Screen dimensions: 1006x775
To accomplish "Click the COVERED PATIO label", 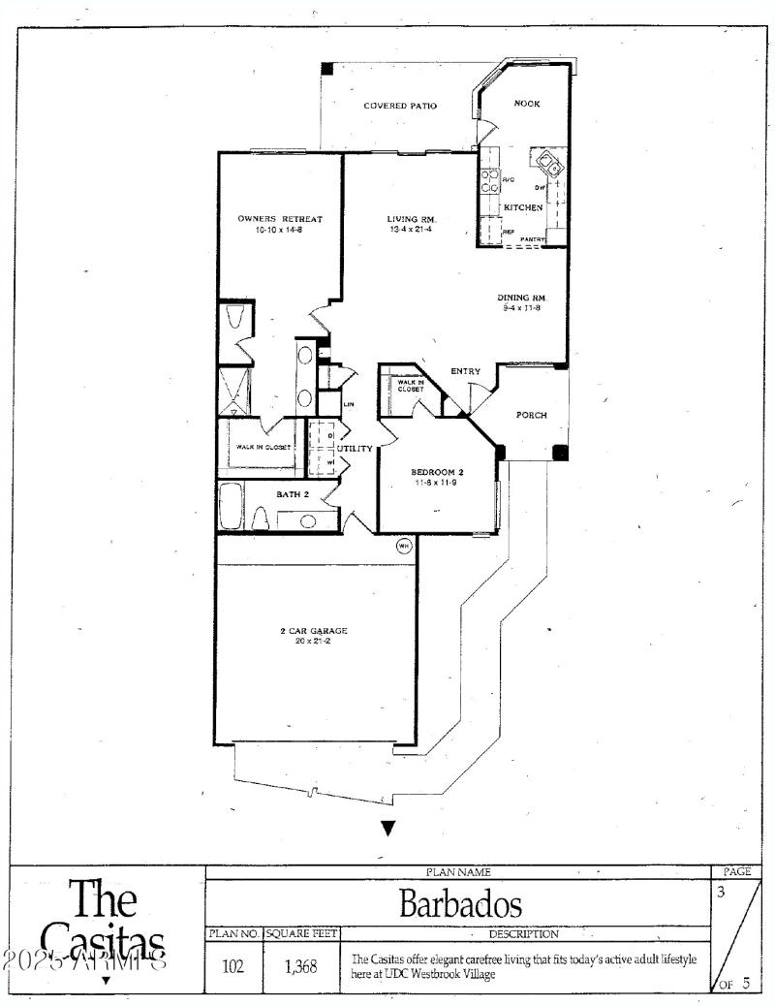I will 399,106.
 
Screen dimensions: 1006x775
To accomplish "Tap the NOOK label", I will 527,103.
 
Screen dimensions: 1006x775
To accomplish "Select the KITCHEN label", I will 522,207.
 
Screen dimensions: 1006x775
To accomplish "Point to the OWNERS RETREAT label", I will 280,219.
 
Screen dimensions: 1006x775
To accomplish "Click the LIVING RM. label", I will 409,219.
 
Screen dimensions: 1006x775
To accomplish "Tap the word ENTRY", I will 465,371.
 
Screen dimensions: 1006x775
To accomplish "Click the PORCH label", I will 531,415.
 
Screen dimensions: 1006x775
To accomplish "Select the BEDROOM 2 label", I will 438,472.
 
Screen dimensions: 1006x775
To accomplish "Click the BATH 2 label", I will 293,494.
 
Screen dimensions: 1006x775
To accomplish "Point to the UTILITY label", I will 355,449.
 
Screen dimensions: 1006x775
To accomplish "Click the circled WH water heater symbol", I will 404,547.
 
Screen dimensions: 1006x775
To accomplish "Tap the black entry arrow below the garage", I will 387,828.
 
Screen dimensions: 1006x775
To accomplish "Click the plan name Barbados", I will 460,905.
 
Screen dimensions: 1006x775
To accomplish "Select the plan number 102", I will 233,966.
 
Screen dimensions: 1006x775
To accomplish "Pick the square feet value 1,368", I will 300,966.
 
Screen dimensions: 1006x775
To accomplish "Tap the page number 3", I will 721,892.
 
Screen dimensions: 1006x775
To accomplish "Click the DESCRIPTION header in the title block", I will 524,934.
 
